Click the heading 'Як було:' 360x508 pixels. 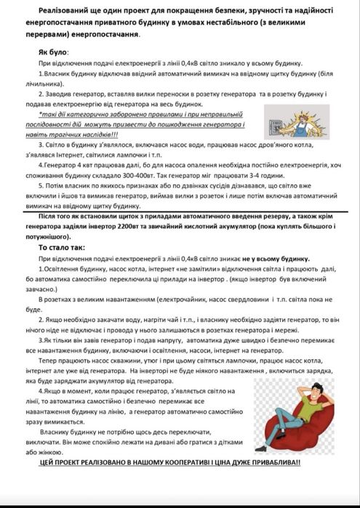point(53,53)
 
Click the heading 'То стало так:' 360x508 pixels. point(63,247)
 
